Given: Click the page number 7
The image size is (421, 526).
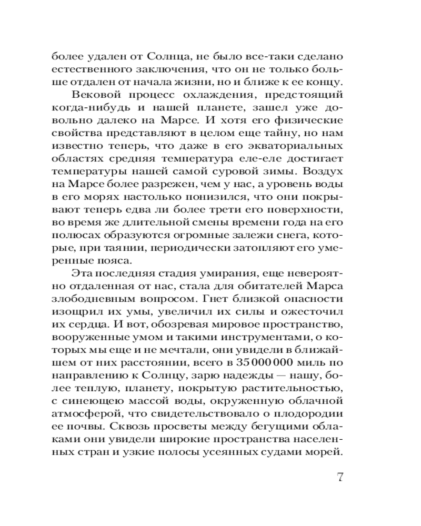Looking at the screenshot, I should click(x=339, y=478).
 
